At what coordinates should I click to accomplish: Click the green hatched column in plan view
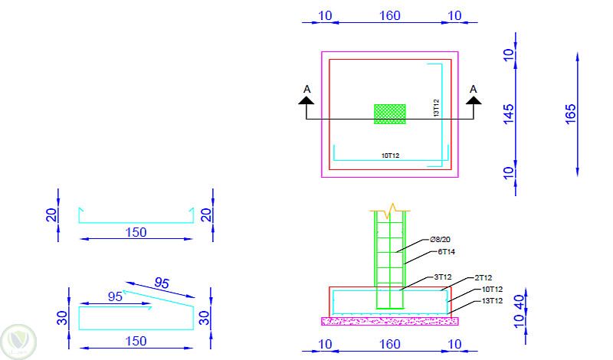[389, 113]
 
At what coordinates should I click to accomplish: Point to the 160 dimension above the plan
[390, 15]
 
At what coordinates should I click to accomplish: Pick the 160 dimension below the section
[389, 345]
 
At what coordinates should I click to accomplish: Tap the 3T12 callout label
[442, 277]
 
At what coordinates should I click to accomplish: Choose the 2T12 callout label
[483, 278]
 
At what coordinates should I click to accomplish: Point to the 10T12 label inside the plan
[390, 155]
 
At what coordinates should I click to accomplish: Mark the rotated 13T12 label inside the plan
[435, 108]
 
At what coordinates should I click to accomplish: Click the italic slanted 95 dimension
[162, 283]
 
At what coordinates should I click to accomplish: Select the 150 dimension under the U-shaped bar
[136, 232]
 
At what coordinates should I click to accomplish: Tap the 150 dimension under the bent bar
[136, 341]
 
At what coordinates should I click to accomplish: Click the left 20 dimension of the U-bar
[51, 215]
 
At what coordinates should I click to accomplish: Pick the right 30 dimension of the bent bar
[204, 317]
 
